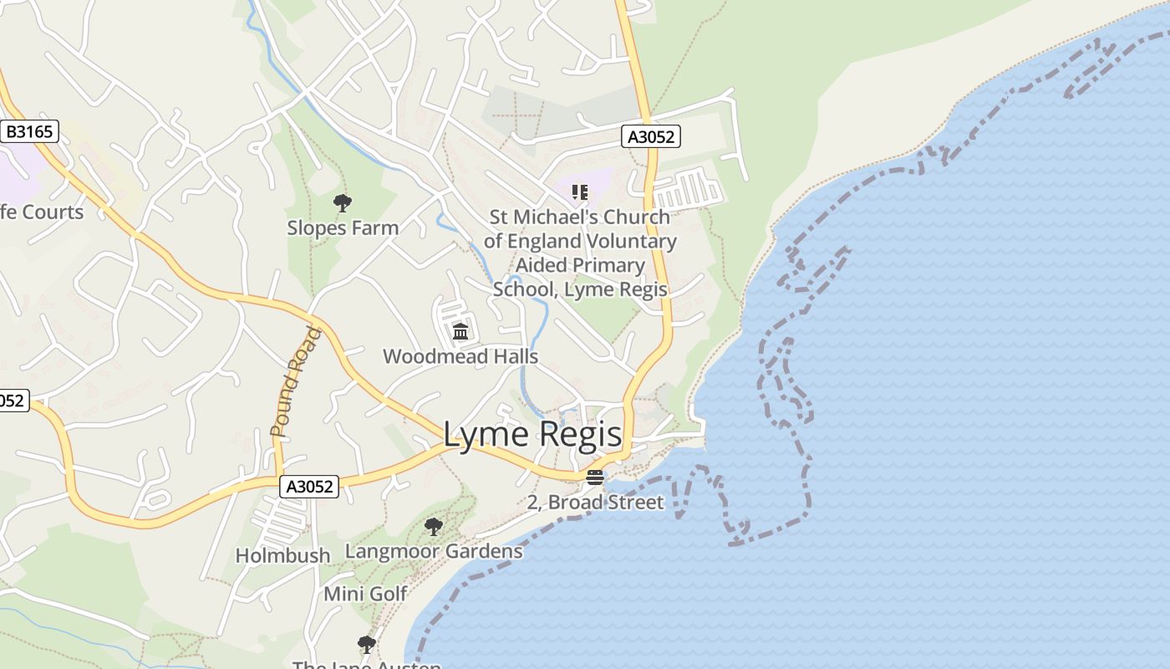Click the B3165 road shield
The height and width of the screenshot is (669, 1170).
[x=29, y=131]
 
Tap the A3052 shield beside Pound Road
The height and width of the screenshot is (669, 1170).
[x=308, y=486]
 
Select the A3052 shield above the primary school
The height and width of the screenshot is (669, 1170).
[x=651, y=136]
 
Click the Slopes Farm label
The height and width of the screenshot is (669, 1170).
[x=343, y=227]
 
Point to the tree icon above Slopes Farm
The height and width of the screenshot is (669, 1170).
[x=342, y=202]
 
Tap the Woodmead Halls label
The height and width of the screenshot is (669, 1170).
[x=460, y=356]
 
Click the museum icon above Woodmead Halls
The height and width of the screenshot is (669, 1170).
[x=460, y=332]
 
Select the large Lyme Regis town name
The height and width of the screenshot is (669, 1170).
[x=532, y=435]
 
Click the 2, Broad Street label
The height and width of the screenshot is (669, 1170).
[x=595, y=502]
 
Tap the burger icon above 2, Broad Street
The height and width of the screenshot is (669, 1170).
[x=594, y=477]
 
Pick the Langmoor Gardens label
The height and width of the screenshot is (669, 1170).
[x=434, y=551]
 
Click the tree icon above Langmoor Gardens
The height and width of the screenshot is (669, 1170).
[x=433, y=527]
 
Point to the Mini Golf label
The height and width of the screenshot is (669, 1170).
[x=365, y=594]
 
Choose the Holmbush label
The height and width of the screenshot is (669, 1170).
[x=282, y=555]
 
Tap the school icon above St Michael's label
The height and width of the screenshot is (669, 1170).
[x=580, y=192]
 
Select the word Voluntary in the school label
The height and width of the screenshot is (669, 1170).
[x=636, y=241]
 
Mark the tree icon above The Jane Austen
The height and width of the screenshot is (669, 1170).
[x=366, y=645]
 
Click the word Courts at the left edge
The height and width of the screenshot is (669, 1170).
[x=52, y=212]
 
